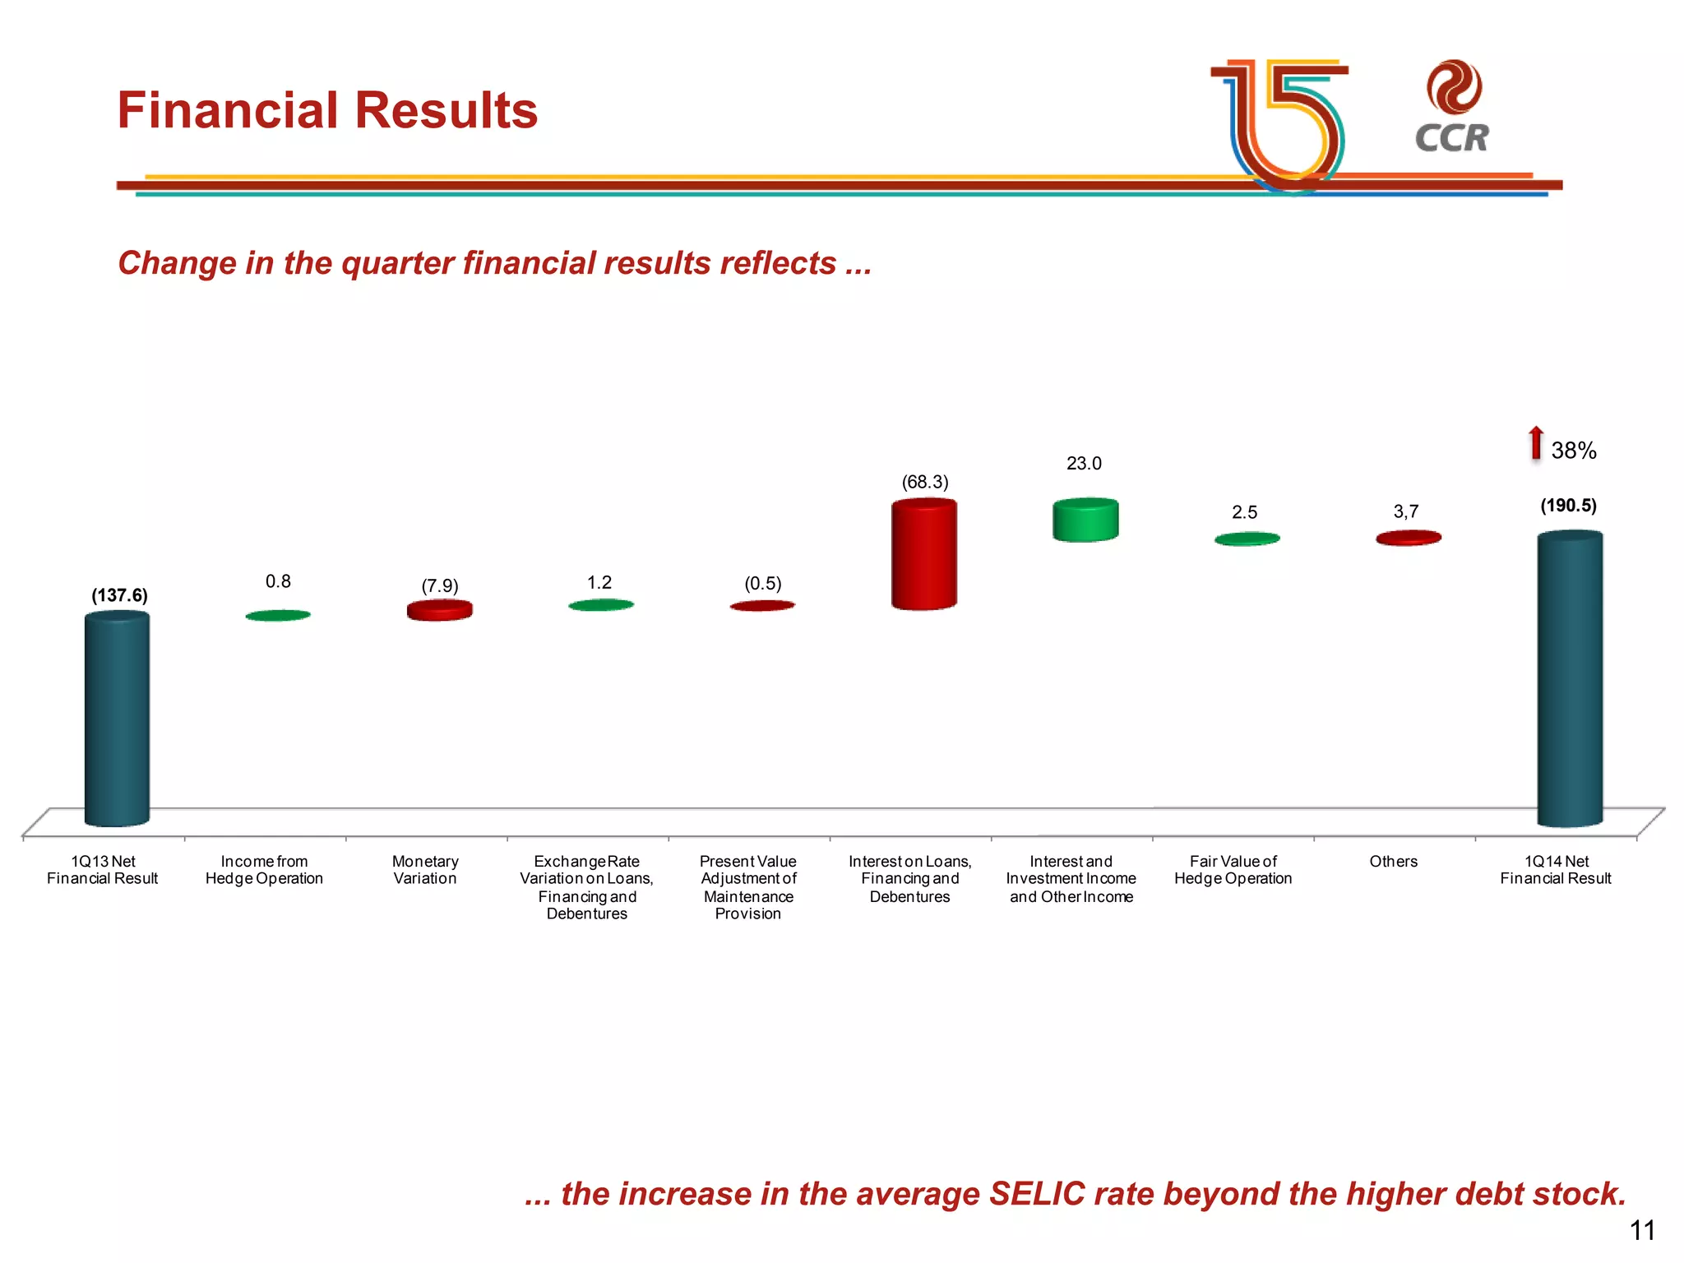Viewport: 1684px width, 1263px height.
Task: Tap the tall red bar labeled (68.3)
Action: pyautogui.click(x=923, y=555)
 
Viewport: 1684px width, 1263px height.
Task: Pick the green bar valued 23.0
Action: pyautogui.click(x=1085, y=520)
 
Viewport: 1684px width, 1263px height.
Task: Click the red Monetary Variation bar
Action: pyautogui.click(x=439, y=610)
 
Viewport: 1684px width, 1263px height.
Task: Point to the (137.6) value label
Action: pyautogui.click(x=119, y=595)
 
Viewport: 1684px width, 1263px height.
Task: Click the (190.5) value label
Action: pyautogui.click(x=1568, y=506)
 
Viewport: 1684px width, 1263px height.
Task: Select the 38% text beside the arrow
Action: pyautogui.click(x=1573, y=451)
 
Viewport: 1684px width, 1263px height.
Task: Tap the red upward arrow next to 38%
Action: pyautogui.click(x=1535, y=443)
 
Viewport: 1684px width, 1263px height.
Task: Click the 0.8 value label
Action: pyautogui.click(x=278, y=581)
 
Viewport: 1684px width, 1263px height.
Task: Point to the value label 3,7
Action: pyautogui.click(x=1405, y=511)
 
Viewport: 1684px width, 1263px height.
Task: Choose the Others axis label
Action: pyautogui.click(x=1393, y=861)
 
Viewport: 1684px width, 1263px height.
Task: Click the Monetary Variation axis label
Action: pyautogui.click(x=425, y=870)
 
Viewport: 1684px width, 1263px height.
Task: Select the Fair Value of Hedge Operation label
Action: pyautogui.click(x=1233, y=870)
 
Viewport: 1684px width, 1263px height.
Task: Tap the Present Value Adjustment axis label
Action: pyautogui.click(x=747, y=887)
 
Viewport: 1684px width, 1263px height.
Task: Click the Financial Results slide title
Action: pyautogui.click(x=327, y=110)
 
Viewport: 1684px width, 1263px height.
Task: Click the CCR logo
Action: pyautogui.click(x=1452, y=107)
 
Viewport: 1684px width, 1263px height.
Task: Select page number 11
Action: pyautogui.click(x=1641, y=1230)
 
